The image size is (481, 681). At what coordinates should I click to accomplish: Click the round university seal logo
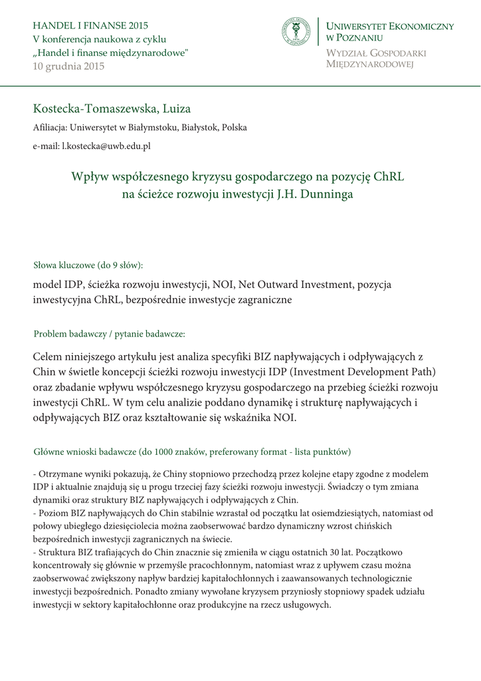[x=296, y=32]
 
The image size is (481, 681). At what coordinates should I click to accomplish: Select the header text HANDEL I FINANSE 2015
[x=90, y=26]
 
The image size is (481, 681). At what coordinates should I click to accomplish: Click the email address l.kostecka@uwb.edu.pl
[x=106, y=145]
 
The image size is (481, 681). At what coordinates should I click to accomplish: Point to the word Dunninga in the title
[x=326, y=194]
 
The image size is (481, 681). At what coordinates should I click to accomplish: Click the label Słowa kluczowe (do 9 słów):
[x=88, y=265]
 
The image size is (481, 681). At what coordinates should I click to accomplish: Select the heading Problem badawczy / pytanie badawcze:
[x=109, y=333]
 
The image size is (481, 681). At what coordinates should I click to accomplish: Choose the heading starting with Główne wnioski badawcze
[x=192, y=452]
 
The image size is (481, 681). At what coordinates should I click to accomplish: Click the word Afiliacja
[x=49, y=127]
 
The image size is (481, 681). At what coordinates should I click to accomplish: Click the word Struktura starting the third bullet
[x=57, y=553]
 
